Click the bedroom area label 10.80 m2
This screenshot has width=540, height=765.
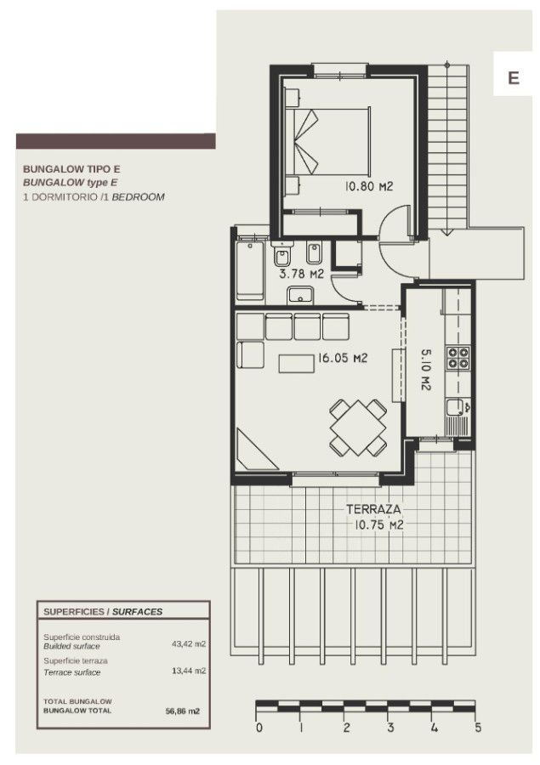coord(369,186)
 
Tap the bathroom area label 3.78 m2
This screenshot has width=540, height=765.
coord(301,274)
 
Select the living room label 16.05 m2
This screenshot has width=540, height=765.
coord(342,358)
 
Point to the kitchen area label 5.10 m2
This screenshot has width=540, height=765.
coord(425,369)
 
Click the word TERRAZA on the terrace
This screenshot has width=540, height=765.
coord(373,509)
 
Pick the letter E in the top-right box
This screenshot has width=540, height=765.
coord(513,78)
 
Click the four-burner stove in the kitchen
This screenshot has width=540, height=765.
coord(458,358)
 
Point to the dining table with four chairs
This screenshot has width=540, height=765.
coord(358,428)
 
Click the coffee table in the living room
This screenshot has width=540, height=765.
coord(297,364)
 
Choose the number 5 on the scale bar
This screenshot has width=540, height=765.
coord(477,728)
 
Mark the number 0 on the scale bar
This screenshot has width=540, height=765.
coord(259,728)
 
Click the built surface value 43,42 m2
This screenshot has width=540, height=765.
coord(189,643)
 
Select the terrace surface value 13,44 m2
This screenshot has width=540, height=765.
coord(189,671)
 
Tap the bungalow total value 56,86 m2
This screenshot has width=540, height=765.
coord(183,711)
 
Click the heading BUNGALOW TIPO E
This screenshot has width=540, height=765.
coord(71,169)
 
